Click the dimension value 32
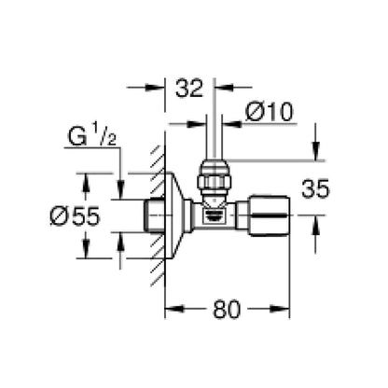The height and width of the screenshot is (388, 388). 189,88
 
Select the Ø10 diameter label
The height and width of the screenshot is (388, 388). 270,112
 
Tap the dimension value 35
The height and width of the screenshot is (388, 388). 315,188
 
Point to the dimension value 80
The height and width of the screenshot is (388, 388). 227,309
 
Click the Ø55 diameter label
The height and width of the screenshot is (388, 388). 76,216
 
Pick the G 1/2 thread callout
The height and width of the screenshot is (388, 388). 92,137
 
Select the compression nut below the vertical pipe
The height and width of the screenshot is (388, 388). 214,177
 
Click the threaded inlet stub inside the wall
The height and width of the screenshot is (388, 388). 155,215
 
